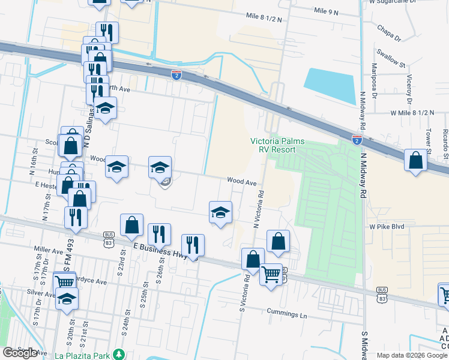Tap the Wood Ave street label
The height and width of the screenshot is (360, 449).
[x=241, y=181]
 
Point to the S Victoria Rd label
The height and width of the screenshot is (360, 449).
[x=244, y=293]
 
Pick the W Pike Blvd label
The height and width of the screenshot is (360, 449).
[x=387, y=227]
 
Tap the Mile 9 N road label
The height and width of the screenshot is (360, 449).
[x=327, y=11]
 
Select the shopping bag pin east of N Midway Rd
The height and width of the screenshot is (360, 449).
[x=415, y=160]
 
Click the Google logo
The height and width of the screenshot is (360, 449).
[x=20, y=353]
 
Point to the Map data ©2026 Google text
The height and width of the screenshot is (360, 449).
[x=411, y=355]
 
